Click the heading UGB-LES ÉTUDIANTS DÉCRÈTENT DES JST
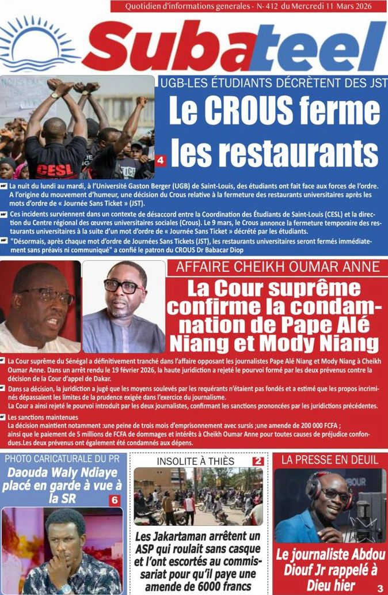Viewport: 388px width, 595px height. pos(272,83)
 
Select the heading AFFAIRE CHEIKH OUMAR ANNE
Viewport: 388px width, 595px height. pos(278,267)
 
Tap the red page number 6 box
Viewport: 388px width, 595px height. pos(114,501)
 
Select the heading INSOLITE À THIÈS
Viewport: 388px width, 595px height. pos(196,461)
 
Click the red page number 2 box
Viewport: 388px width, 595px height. pos(258,461)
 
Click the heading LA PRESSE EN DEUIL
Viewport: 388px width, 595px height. pos(330,460)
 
